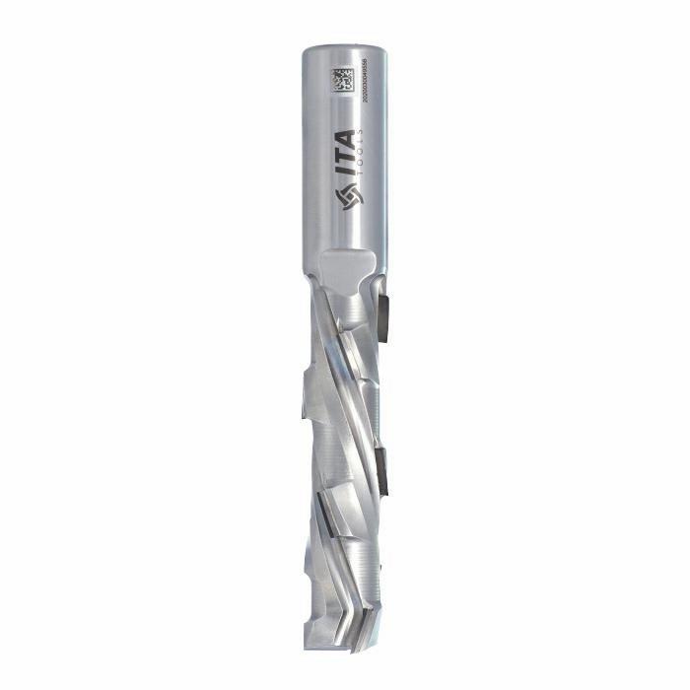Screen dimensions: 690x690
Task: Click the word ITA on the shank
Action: click(346, 156)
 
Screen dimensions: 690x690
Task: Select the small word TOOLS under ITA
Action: click(365, 156)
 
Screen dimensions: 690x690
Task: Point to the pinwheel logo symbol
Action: click(346, 197)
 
